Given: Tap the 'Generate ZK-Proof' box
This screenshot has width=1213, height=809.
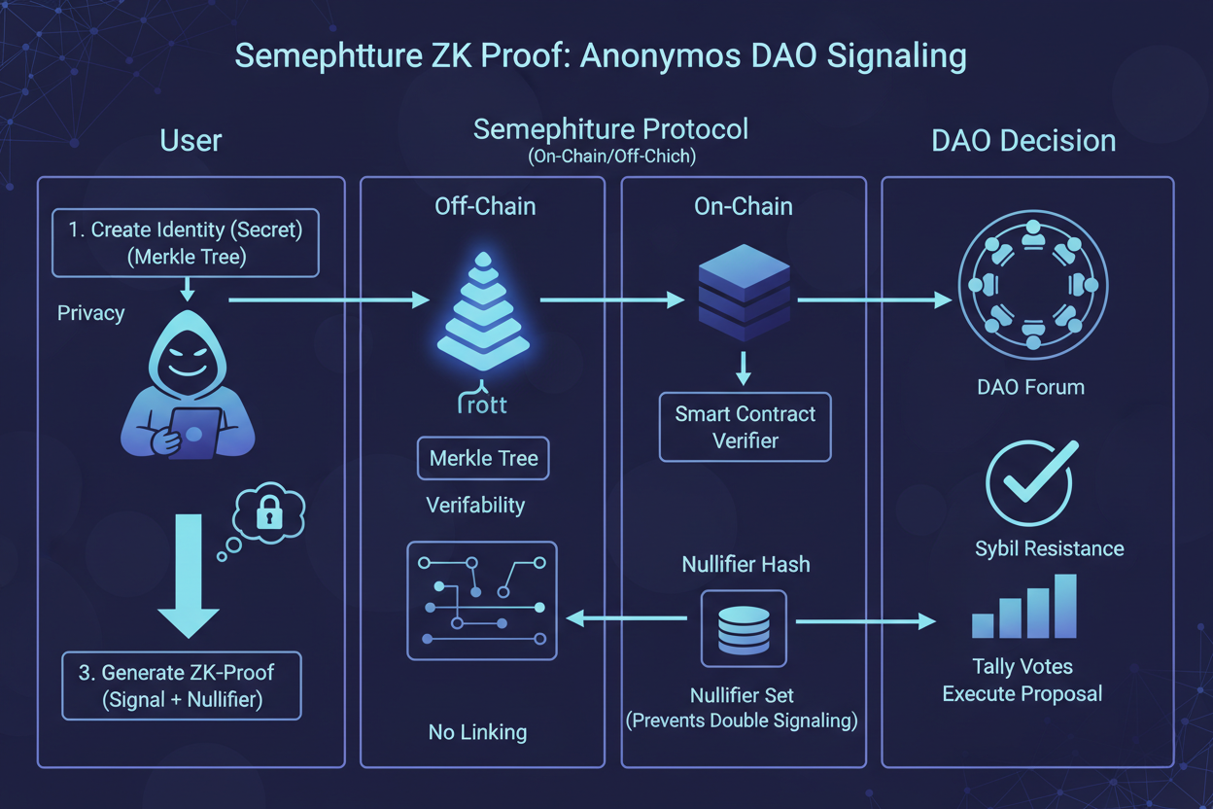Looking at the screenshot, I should click(182, 686).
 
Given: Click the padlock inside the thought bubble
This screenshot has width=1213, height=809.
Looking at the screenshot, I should click(269, 515).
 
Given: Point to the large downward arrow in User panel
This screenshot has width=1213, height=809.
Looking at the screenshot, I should click(188, 574).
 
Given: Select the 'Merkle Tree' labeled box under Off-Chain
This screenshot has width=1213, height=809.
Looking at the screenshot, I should click(483, 458).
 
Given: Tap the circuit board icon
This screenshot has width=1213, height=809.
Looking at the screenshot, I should click(482, 602).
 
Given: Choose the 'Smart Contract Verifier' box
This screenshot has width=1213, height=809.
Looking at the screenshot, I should click(745, 427).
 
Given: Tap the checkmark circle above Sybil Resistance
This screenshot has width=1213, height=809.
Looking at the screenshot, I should click(1030, 482).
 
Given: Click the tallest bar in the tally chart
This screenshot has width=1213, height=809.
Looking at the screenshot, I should click(1065, 606).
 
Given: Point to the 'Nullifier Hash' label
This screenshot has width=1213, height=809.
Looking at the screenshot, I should click(745, 564).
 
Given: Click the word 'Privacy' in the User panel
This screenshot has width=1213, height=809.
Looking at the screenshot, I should click(90, 313).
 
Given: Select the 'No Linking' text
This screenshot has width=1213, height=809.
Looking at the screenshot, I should click(477, 732).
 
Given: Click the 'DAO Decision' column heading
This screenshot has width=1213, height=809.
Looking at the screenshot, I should click(1023, 141).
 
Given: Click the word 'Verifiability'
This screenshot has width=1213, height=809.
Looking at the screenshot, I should click(475, 506).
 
